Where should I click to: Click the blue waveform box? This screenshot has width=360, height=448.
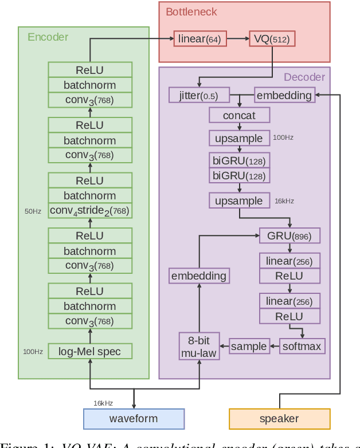[x=134, y=419]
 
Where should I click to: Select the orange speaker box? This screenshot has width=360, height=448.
[x=279, y=419]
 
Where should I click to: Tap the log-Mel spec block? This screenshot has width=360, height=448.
[x=90, y=351]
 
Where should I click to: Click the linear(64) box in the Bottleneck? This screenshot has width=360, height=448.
[x=199, y=40]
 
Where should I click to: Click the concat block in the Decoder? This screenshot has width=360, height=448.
[x=239, y=116]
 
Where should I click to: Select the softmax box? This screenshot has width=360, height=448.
[x=303, y=346]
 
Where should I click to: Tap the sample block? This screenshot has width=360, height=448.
[x=249, y=346]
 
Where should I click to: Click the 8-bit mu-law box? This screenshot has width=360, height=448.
[x=199, y=346]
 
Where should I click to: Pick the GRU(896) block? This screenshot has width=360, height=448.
[x=289, y=235]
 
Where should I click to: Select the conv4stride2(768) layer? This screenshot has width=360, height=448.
[x=90, y=211]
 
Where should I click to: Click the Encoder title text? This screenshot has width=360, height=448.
[x=48, y=37]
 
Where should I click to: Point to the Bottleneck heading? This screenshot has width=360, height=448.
[x=191, y=11]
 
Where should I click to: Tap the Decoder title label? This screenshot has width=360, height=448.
[x=304, y=77]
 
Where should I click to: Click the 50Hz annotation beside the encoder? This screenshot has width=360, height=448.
[x=33, y=211]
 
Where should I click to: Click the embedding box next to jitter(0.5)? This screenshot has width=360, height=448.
[x=284, y=95]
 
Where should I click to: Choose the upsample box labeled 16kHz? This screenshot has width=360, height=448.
[x=239, y=201]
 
